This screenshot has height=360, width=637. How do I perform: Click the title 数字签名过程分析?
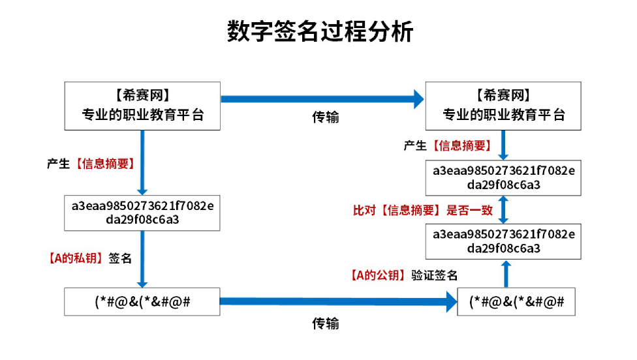click(319, 31)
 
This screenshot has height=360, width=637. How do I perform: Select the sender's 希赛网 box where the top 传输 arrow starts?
click(142, 106)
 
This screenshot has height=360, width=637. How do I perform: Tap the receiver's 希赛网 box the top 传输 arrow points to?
click(503, 106)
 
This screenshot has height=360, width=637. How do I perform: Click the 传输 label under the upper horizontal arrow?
click(325, 117)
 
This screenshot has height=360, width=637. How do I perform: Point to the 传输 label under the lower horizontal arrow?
click(325, 323)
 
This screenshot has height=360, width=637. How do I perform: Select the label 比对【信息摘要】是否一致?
click(423, 210)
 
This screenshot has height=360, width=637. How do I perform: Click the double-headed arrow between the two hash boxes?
click(503, 209)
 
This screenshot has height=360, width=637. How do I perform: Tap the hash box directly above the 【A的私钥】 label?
click(142, 213)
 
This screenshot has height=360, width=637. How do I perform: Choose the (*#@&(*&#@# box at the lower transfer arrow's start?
click(142, 301)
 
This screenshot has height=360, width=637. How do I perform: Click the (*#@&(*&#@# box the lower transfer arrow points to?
click(516, 301)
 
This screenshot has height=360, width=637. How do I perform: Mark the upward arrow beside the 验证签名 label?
click(506, 273)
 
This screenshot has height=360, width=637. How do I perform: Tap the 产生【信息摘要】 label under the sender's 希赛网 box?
click(91, 164)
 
